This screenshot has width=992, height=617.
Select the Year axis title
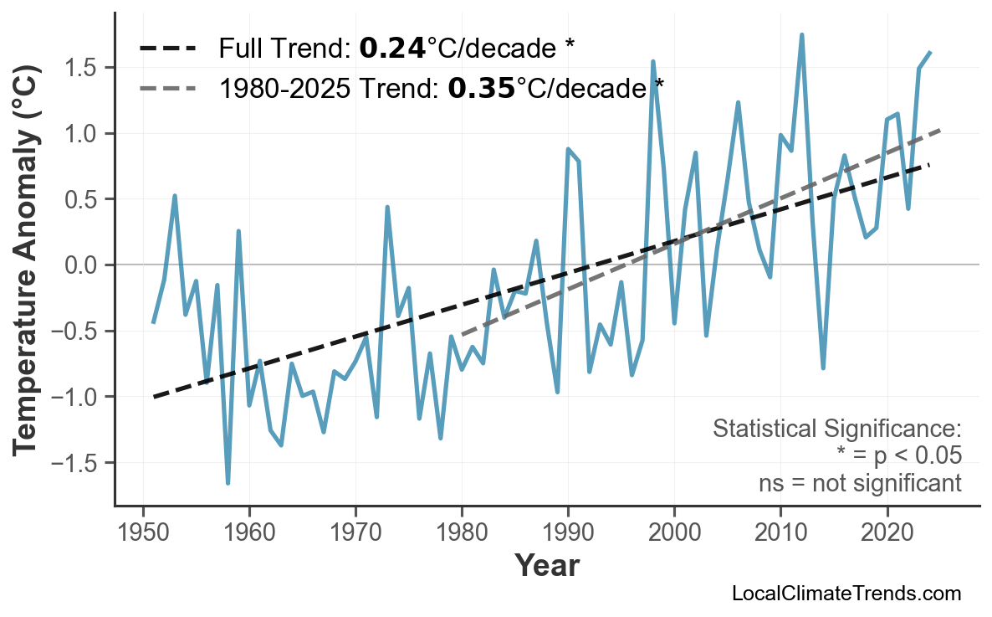546,566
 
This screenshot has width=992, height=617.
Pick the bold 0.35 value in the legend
481,87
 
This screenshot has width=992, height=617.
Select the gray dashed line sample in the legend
167,87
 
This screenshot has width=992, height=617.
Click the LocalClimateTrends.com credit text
846,594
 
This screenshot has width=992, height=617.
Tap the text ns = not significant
859,483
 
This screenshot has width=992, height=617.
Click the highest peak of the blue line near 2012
801,35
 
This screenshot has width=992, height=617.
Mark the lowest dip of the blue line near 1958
228,483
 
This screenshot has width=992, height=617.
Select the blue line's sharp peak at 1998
652,62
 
